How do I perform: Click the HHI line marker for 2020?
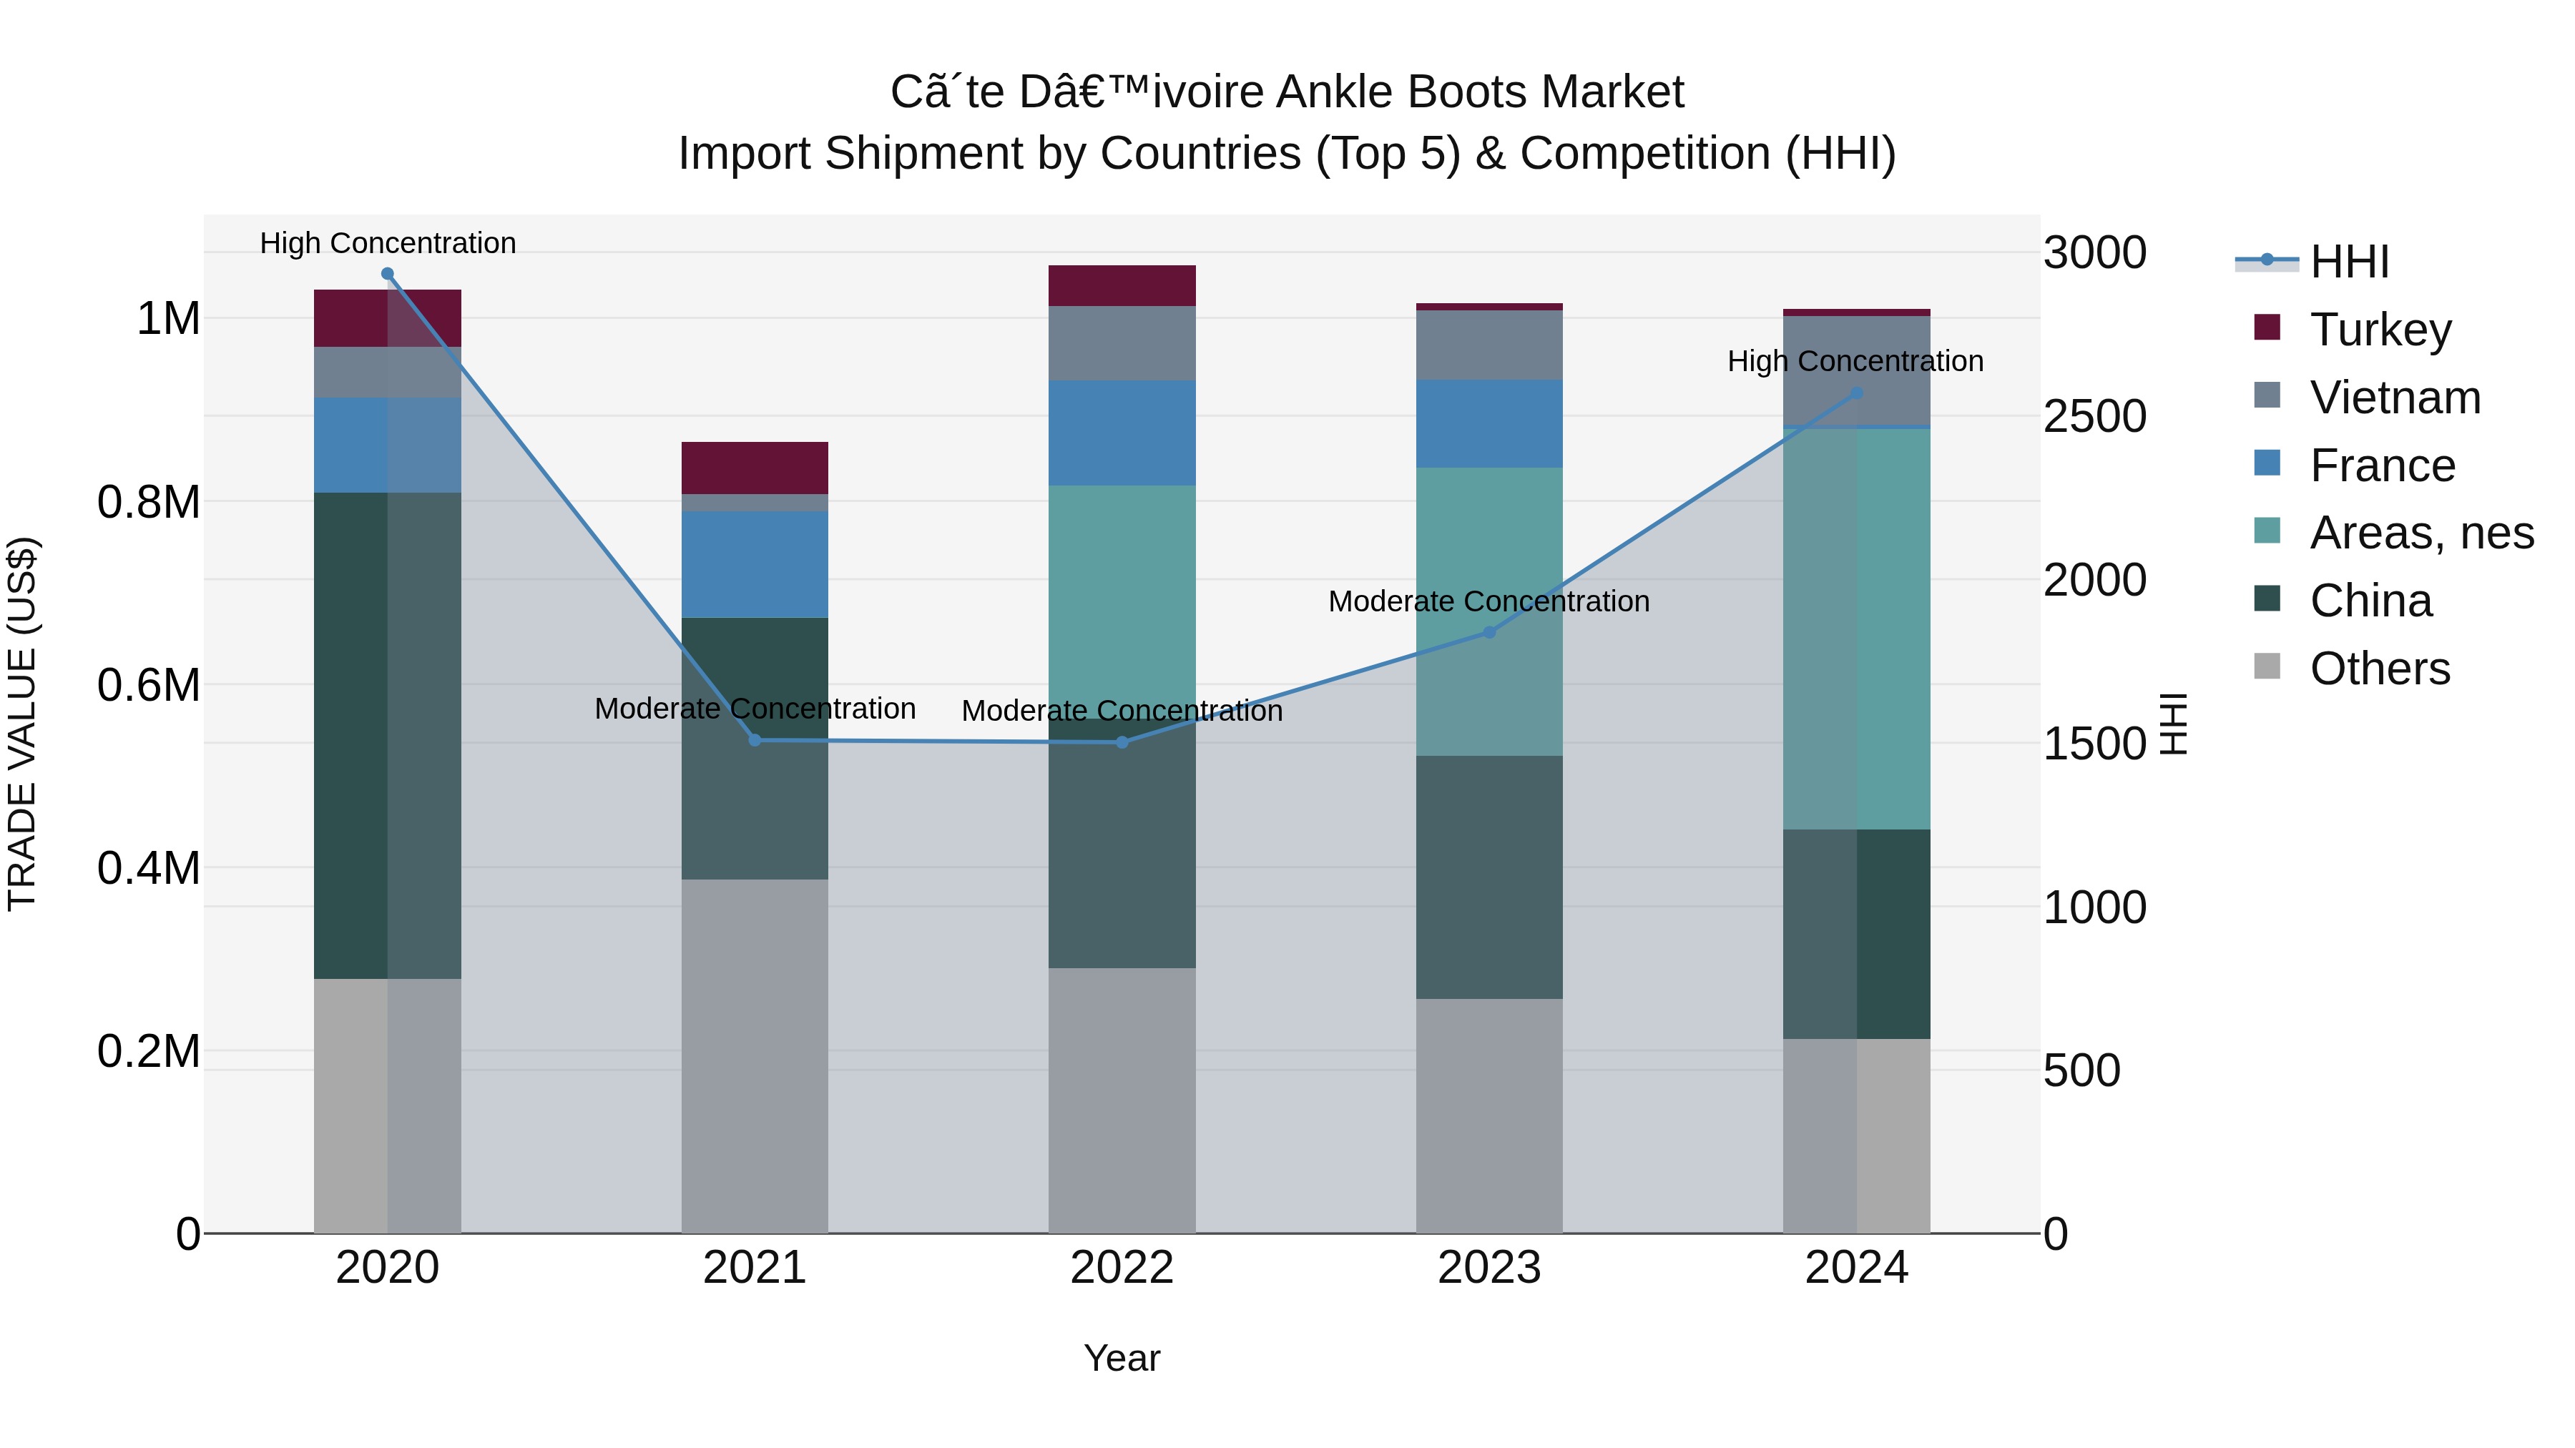388,274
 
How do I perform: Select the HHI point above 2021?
755,741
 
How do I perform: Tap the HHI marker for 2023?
1488,633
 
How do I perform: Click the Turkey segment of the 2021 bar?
755,468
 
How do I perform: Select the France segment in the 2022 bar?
1122,433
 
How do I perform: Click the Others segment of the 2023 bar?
1488,1115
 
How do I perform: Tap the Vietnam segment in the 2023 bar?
1488,345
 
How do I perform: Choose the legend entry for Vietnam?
2395,398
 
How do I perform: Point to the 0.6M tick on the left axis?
148,686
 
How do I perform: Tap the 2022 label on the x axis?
1122,1268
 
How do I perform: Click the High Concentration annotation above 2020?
388,243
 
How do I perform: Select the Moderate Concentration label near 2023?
1488,601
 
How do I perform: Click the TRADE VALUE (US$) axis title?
22,724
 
